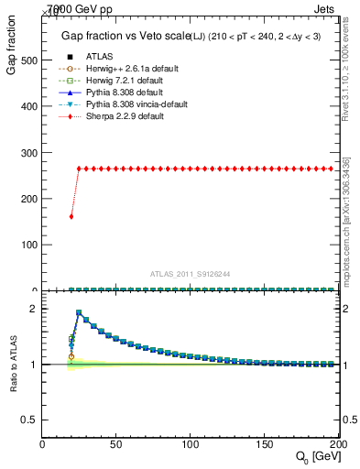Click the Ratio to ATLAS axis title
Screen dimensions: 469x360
pos(13,366)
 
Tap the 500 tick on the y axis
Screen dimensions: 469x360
pos(30,60)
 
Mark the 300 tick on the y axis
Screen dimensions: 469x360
pos(30,153)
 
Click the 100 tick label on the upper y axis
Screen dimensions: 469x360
pos(30,245)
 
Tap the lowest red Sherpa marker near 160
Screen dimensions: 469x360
pos(71,216)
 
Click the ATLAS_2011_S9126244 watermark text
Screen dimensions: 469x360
pos(191,273)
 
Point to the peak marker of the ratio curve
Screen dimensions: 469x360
pos(79,312)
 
